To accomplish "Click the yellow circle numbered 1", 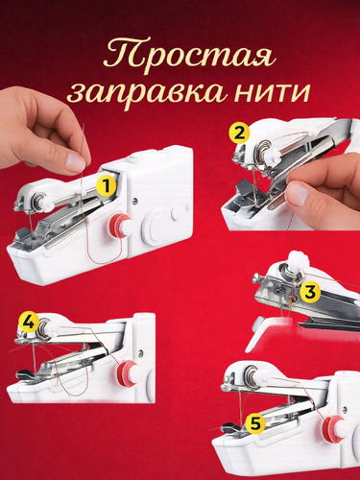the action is click(x=106, y=186).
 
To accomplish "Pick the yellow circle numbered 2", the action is click(x=239, y=133).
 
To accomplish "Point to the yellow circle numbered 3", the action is click(x=310, y=292).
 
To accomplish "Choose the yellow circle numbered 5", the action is click(x=255, y=424).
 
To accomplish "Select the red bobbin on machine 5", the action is click(x=334, y=430).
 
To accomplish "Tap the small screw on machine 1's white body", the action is click(x=135, y=201).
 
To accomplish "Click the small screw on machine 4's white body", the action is click(x=140, y=353).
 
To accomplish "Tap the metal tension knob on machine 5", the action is click(x=251, y=375).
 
